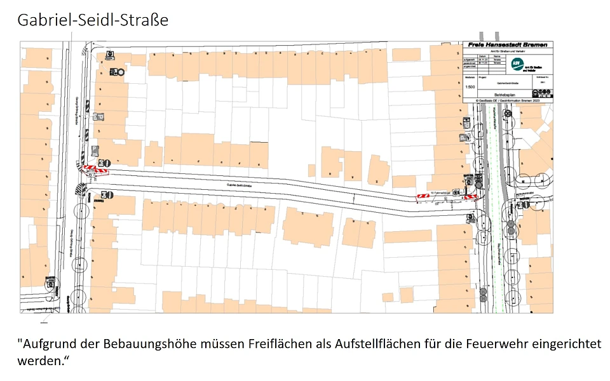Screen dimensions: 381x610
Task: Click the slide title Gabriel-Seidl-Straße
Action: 93,20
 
